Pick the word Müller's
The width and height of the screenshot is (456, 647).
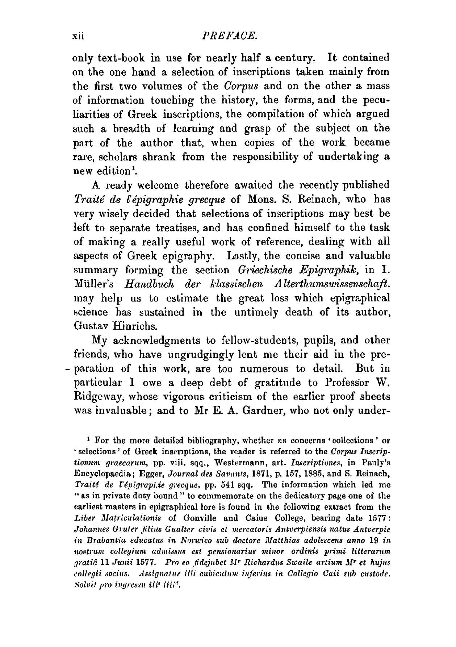[x=91, y=284]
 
